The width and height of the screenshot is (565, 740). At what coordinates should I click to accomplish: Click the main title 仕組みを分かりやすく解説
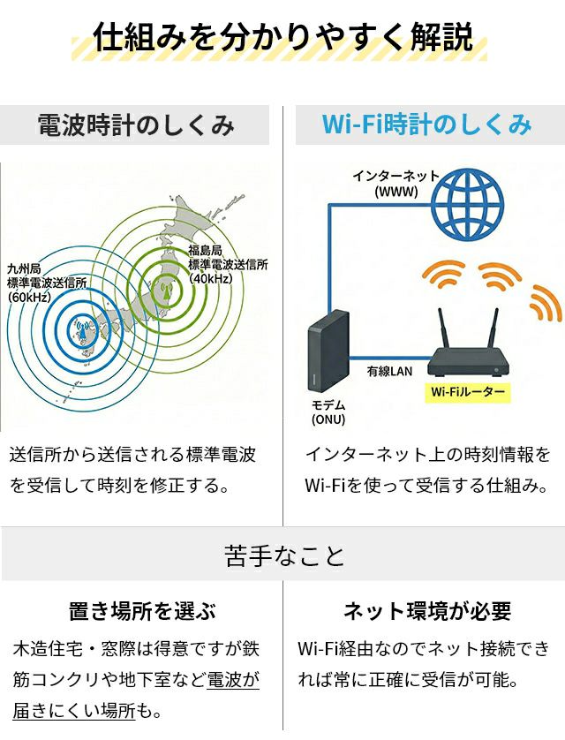point(282,38)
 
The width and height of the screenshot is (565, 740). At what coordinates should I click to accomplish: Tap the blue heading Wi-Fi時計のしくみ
point(426,125)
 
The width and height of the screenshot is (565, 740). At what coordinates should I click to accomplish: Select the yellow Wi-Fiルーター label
point(469,391)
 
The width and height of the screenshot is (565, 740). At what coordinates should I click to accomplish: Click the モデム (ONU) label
point(328,412)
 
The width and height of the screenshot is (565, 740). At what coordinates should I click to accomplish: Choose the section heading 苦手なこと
point(282,555)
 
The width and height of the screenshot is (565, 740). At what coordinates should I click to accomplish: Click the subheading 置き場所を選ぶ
point(142,610)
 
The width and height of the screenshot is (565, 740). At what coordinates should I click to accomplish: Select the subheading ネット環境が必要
point(426,610)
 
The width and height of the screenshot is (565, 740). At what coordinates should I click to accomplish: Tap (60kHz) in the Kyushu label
point(30,298)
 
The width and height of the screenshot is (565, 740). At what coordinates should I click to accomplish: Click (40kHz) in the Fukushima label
point(210,279)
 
